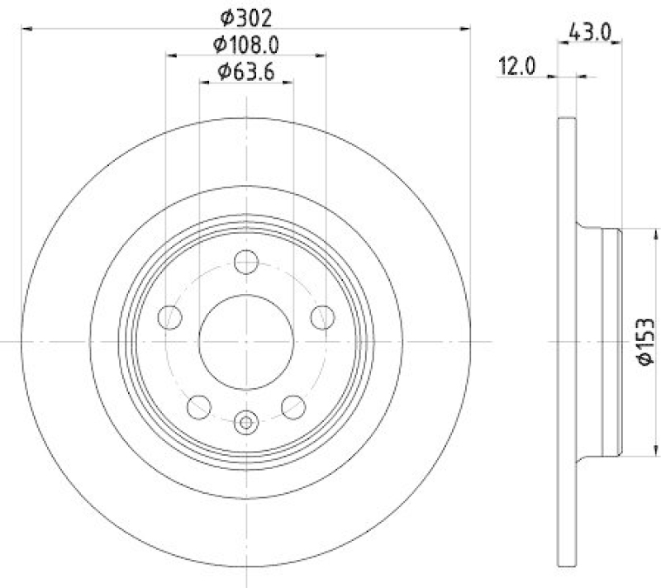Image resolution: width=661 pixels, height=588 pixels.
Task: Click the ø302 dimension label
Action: point(245,16)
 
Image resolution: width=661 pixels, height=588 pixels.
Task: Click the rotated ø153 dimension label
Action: point(645,341)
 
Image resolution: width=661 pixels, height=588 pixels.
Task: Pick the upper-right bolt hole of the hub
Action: point(322,316)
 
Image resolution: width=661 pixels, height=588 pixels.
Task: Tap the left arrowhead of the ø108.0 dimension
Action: point(171,56)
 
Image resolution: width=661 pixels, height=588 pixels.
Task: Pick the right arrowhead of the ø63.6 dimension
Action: point(288,83)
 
